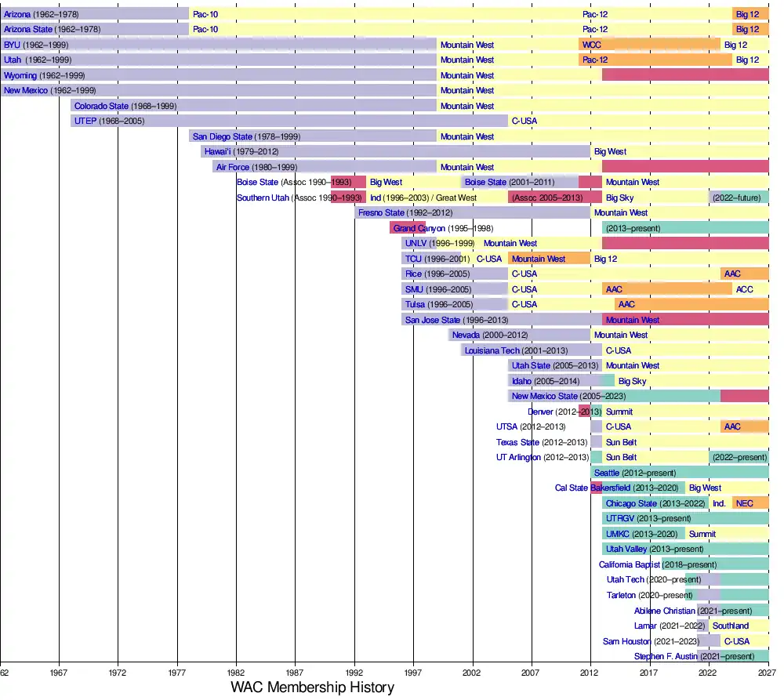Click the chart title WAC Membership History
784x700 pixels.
(312, 687)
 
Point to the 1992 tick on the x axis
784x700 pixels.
(354, 672)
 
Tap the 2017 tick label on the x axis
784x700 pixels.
(648, 672)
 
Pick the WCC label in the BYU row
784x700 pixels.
(592, 45)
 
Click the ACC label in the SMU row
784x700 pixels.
(744, 289)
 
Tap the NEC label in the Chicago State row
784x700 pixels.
(744, 503)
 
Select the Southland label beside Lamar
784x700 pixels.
(730, 626)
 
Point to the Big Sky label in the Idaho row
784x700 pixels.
(632, 381)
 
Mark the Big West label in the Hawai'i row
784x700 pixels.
(610, 151)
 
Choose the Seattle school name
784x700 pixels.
(606, 473)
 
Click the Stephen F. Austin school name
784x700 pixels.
(665, 656)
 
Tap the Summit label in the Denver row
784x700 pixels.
(619, 412)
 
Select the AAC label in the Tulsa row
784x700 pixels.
(626, 304)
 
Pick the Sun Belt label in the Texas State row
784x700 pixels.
(621, 442)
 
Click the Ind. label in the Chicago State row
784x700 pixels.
(719, 503)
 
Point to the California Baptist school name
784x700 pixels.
(630, 564)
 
